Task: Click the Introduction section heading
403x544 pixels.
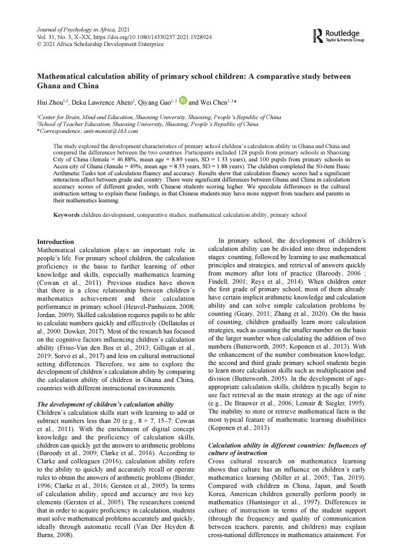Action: click(x=55, y=242)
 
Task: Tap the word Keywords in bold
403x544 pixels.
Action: click(x=66, y=215)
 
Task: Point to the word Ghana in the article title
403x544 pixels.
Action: click(x=52, y=85)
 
